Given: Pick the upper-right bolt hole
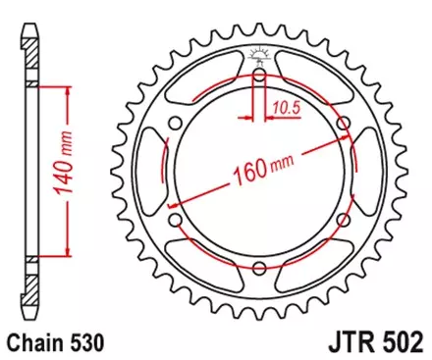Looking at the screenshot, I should (x=343, y=124).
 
